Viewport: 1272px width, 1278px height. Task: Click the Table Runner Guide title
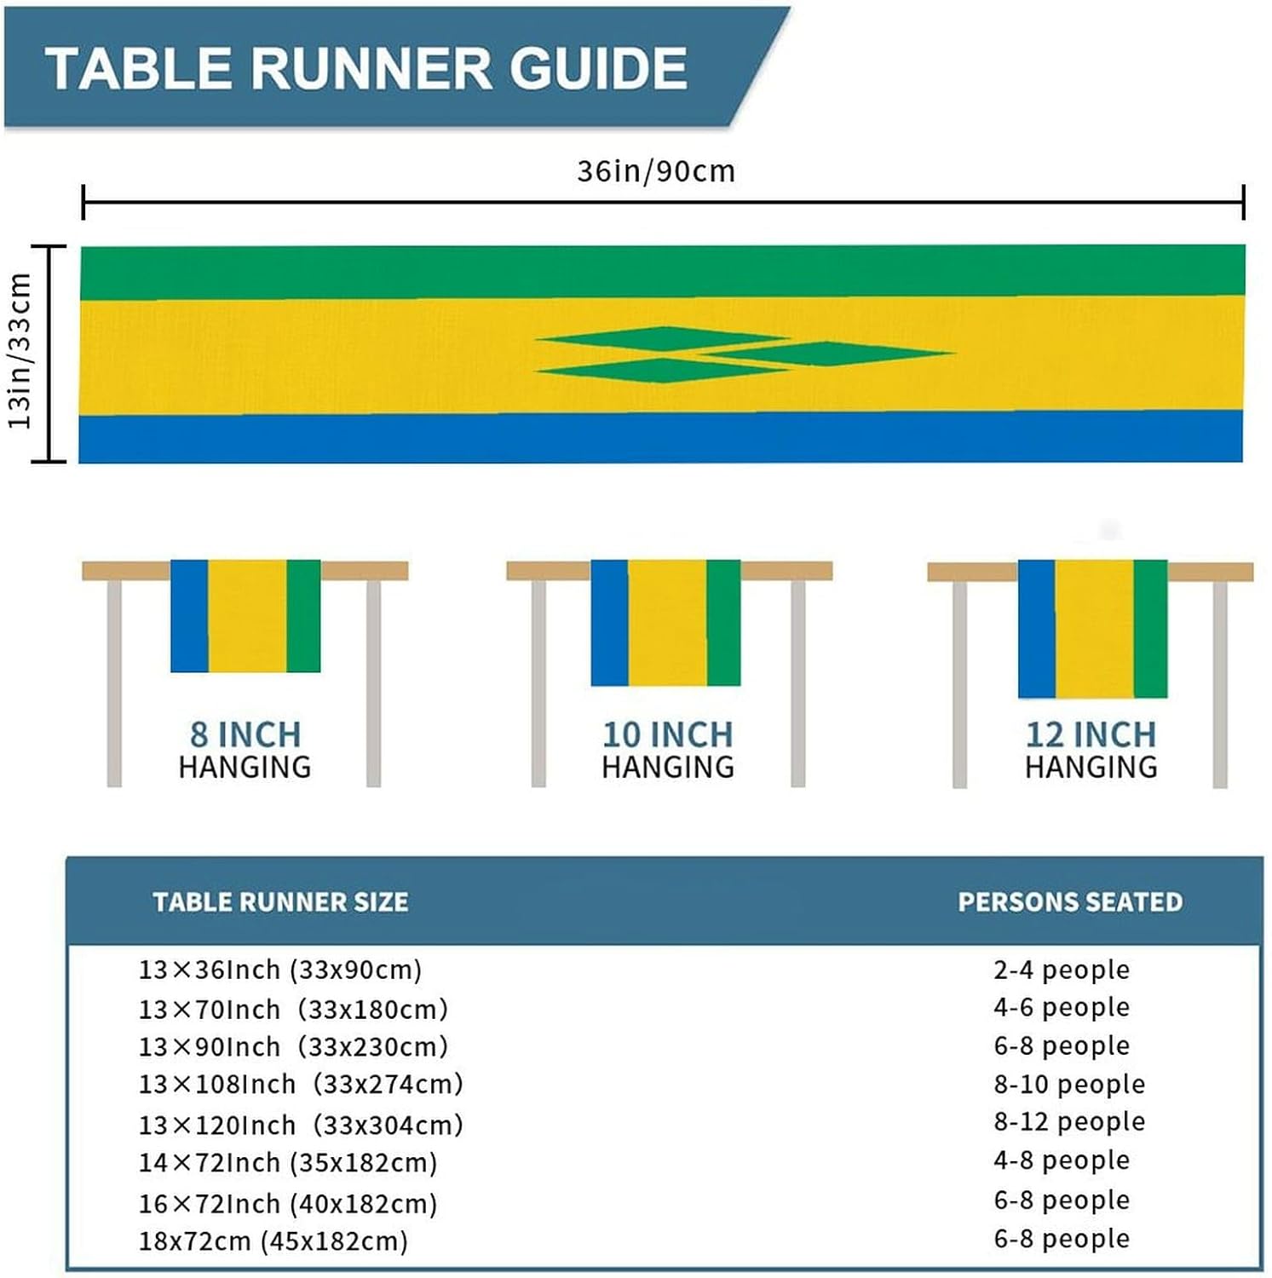click(366, 68)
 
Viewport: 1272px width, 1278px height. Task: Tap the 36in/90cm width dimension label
click(655, 171)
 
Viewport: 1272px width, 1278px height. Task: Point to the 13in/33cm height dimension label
click(20, 351)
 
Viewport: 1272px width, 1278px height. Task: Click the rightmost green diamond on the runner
click(826, 353)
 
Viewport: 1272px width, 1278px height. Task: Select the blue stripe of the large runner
click(660, 438)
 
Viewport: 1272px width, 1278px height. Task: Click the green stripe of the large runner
click(662, 272)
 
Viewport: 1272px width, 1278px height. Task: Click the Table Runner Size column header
click(280, 901)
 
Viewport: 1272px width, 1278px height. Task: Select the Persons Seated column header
click(1070, 901)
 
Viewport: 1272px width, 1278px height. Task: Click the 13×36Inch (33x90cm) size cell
click(280, 970)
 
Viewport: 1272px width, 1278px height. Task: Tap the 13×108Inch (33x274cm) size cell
click(301, 1084)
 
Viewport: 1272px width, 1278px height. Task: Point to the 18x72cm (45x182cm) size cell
click(273, 1241)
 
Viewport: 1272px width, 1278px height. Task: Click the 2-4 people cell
click(1062, 970)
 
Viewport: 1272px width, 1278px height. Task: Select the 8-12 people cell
click(1069, 1121)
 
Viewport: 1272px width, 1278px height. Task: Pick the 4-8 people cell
click(1062, 1160)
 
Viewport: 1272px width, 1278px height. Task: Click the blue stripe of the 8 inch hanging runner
click(189, 615)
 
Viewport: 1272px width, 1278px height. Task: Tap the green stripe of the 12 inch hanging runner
click(1150, 628)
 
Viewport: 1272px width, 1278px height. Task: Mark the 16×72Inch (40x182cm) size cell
click(288, 1203)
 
